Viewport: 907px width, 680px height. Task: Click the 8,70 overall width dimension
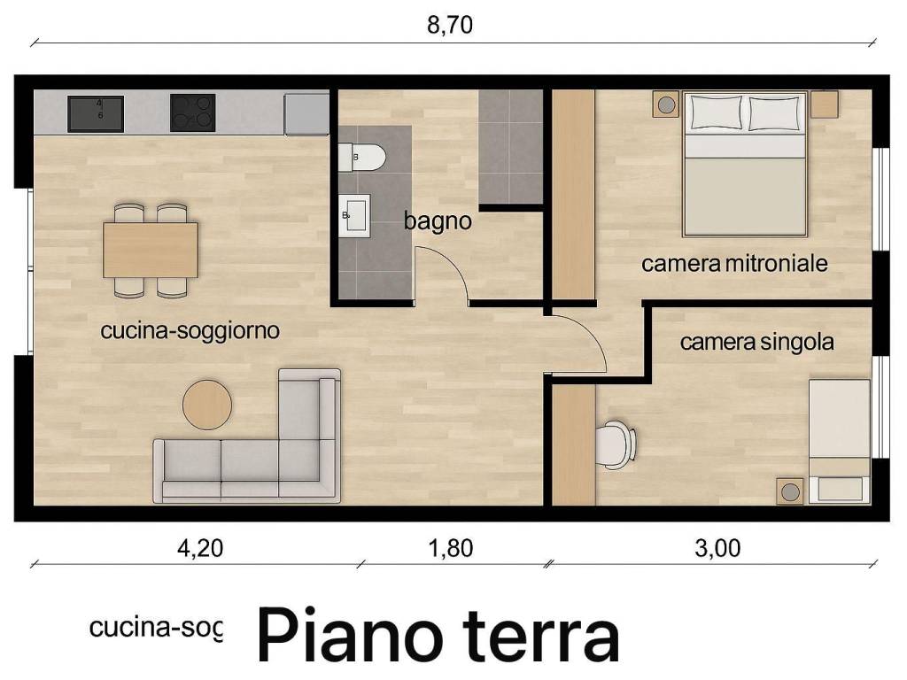pos(450,25)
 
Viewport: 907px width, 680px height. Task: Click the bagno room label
pos(438,221)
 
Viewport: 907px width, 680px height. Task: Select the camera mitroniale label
pos(734,263)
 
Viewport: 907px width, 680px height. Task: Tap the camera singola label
pos(756,342)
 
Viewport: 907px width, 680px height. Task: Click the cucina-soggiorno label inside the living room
pos(190,331)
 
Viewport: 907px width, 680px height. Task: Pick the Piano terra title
pos(438,635)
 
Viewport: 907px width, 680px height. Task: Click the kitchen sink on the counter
pos(96,114)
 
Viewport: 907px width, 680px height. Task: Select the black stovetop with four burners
pos(192,113)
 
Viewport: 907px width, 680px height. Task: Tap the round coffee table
pos(207,406)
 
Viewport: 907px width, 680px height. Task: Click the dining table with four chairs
pos(151,250)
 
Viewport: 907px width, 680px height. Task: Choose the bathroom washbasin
pos(354,214)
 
